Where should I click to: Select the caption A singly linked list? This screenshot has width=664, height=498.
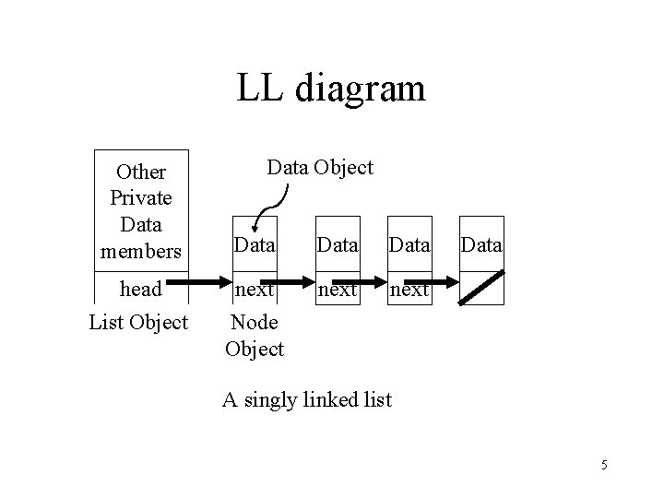point(307,400)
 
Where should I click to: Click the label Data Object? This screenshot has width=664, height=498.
point(319,167)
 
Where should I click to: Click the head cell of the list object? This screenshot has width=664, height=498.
point(141,289)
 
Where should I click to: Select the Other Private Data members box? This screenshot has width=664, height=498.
point(141,211)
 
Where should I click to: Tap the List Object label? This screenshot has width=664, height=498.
point(138,323)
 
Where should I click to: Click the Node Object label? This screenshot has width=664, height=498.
point(254,337)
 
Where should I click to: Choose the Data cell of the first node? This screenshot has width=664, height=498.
point(254,245)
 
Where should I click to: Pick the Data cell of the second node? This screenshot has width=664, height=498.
point(338,245)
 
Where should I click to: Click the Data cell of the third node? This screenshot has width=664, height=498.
point(409,245)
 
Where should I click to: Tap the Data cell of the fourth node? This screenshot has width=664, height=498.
point(481,245)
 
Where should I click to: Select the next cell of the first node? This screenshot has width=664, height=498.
point(254,289)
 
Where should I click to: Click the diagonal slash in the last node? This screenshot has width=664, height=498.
point(482,288)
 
